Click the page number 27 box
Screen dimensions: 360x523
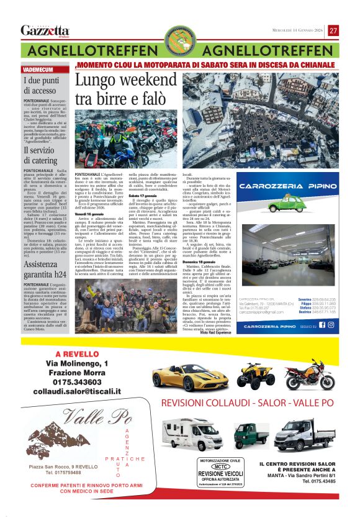click(334, 30)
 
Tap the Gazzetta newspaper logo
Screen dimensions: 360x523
click(45, 30)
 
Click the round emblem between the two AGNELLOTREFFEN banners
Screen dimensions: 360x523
click(179, 42)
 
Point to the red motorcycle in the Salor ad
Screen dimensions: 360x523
click(310, 376)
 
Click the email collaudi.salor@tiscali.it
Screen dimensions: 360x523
click(76, 392)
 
